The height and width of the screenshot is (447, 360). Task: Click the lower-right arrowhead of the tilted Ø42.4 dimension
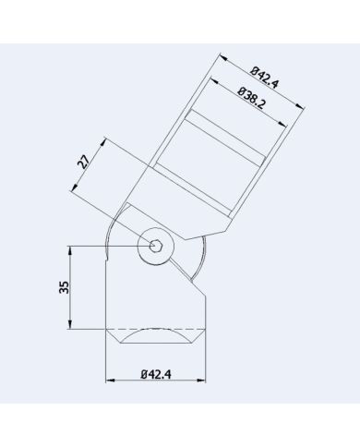304,109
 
